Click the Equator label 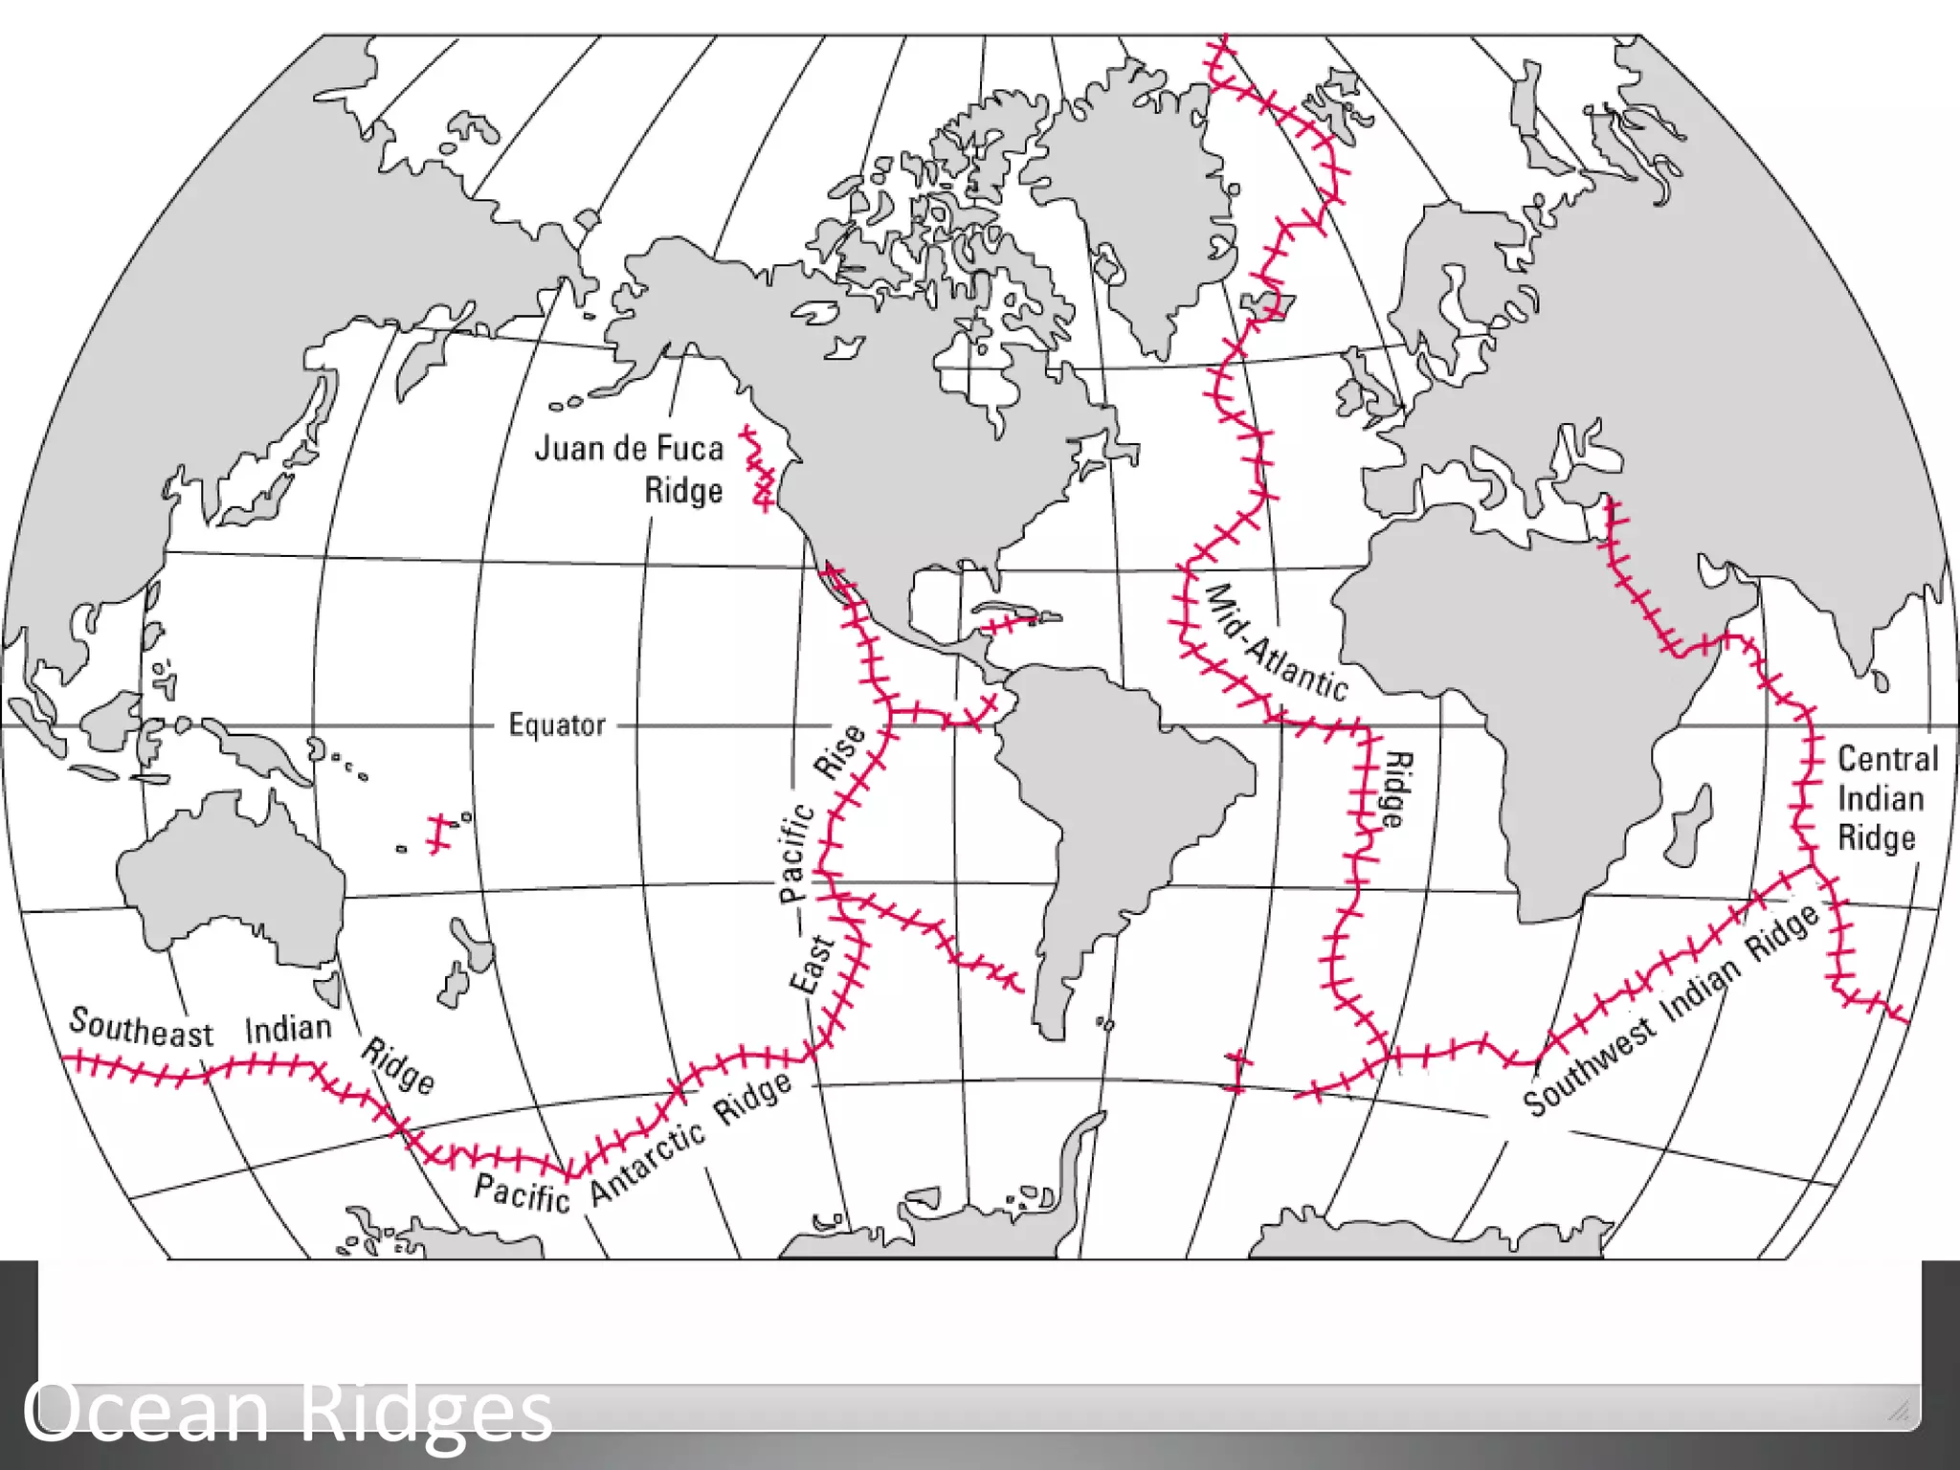pos(557,724)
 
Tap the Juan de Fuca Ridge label pos(629,469)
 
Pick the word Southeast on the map pos(141,1028)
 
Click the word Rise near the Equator pos(839,751)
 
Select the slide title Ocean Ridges pos(288,1411)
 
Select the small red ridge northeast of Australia pos(438,834)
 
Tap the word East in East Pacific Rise pos(812,965)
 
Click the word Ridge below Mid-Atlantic pos(1396,790)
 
